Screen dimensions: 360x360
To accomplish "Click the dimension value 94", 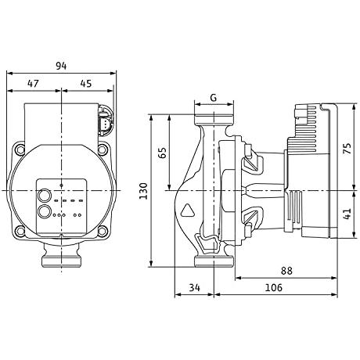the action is (61, 66).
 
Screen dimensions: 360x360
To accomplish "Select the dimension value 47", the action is (33, 84).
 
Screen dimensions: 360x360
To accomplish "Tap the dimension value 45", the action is (86, 84).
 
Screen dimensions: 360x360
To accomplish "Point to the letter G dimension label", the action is (214, 98).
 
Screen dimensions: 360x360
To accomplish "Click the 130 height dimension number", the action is (143, 191).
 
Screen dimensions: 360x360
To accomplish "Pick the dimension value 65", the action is (162, 153).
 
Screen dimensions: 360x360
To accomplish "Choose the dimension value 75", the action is (348, 148).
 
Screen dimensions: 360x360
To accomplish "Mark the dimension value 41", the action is (348, 214).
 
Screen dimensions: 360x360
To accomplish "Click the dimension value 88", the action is (286, 271).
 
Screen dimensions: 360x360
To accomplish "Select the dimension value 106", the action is (274, 287).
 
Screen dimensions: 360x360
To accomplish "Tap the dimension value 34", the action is (195, 287).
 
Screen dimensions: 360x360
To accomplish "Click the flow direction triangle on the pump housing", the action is (188, 211).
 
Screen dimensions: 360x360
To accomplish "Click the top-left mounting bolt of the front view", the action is (20, 149).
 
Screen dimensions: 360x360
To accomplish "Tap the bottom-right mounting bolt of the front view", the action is (103, 231).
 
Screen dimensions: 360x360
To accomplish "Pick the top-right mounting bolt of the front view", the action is (103, 149).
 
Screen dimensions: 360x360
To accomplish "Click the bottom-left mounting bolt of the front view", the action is (20, 231).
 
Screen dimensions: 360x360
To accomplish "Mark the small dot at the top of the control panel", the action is (61, 185).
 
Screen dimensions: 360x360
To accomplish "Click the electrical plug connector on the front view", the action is (106, 120).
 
